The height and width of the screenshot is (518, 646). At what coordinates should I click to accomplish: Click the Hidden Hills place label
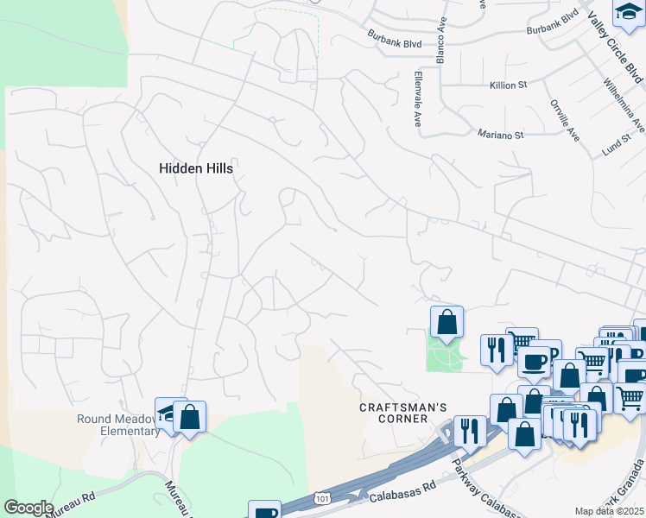(x=196, y=169)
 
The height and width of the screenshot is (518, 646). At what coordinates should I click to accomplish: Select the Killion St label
(x=508, y=85)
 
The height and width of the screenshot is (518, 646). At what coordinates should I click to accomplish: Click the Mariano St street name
(x=501, y=135)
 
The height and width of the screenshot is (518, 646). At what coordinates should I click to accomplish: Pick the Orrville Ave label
(x=564, y=119)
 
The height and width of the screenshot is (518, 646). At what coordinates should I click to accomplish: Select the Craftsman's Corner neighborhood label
(x=394, y=413)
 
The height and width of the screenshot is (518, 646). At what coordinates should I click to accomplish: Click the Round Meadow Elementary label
(x=117, y=425)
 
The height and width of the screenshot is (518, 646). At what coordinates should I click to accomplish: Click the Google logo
(x=28, y=507)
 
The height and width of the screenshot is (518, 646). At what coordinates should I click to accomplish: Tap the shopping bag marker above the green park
(x=447, y=322)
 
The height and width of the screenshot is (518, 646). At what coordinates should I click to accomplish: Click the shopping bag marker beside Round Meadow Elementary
(x=189, y=417)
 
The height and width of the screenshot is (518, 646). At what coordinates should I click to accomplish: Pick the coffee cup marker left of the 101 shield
(x=264, y=512)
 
